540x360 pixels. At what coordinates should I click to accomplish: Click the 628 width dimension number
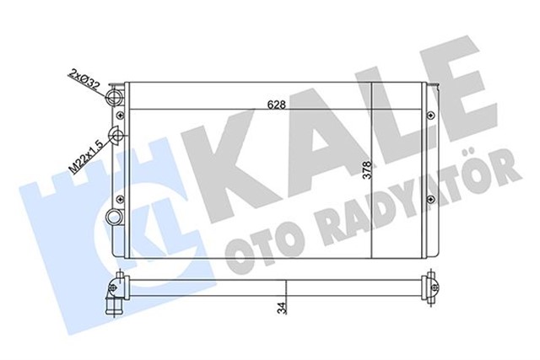(273, 105)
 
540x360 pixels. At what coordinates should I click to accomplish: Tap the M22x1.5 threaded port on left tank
(117, 137)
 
